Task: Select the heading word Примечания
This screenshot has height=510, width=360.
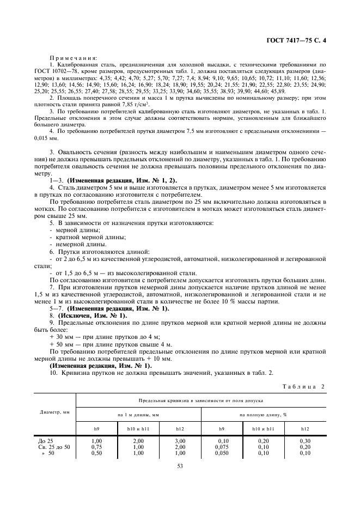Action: (x=73, y=57)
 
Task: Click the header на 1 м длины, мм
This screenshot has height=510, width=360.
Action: (x=138, y=415)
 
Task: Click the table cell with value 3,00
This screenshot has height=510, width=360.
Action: (x=180, y=440)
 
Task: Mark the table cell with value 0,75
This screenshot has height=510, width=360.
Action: (x=97, y=446)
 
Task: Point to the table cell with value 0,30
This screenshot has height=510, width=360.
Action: (x=305, y=440)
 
